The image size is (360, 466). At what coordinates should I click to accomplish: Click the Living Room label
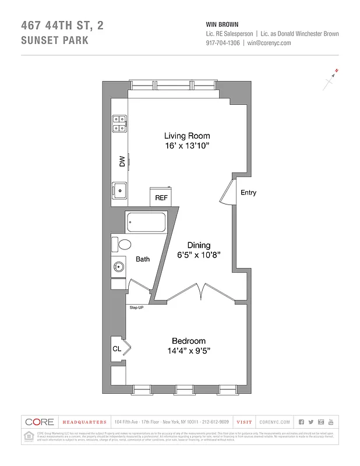click(x=186, y=136)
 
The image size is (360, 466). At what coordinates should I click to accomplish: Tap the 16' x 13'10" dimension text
click(x=186, y=147)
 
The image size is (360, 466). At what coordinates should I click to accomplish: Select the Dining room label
click(x=199, y=245)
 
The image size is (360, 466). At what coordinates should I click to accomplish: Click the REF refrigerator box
click(x=161, y=197)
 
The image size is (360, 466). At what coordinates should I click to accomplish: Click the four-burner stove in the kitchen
click(x=120, y=123)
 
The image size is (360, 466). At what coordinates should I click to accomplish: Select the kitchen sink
click(x=120, y=189)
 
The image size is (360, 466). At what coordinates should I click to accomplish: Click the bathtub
click(x=146, y=222)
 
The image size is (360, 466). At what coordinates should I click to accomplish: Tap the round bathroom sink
click(x=119, y=267)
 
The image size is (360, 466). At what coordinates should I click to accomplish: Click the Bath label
click(x=143, y=259)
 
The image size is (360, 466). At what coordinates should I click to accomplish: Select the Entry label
click(x=248, y=193)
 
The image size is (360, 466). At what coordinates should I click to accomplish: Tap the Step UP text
click(x=136, y=307)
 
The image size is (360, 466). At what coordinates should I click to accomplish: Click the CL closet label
click(x=117, y=348)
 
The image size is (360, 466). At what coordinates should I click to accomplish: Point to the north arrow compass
click(x=331, y=79)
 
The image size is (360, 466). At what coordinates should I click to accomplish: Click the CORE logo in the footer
click(x=40, y=422)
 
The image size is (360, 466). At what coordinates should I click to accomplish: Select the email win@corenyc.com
click(x=269, y=43)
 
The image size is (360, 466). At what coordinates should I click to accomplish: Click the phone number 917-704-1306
click(x=221, y=43)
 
